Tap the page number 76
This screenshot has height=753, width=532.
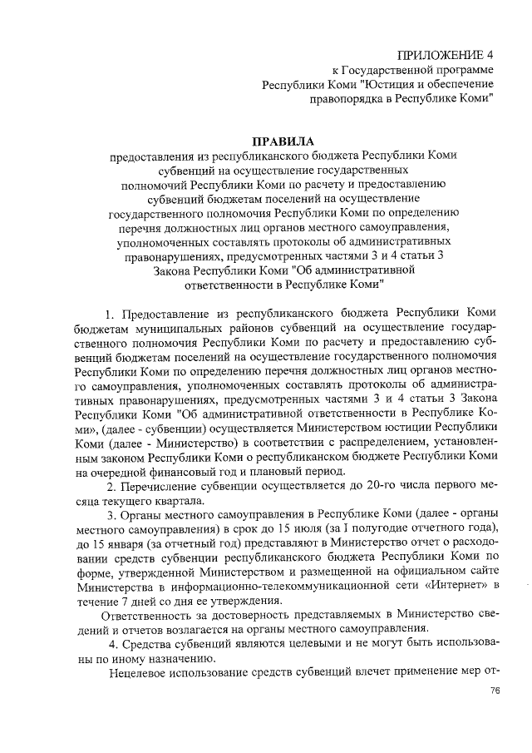point(495,691)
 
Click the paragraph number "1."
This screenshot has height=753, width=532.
point(111,314)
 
